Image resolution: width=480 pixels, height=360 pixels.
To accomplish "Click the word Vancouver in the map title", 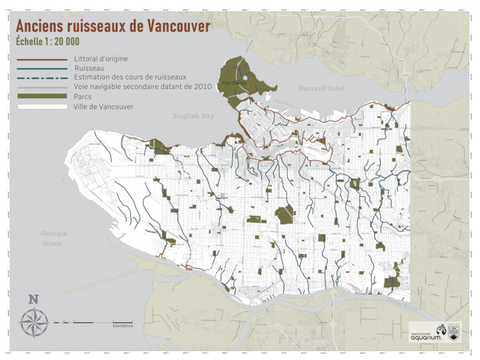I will [x=171, y=25].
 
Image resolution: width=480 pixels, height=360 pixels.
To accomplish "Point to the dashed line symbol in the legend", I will [x=40, y=78].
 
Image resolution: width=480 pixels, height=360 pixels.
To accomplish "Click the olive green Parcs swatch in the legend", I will [x=40, y=97].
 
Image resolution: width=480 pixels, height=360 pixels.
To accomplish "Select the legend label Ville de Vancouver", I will [x=103, y=107].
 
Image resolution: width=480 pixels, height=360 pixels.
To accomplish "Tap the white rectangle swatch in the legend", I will [x=40, y=107].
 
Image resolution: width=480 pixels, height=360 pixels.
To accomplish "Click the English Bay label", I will [x=194, y=117].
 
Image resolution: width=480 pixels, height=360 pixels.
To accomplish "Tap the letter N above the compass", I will [x=33, y=300].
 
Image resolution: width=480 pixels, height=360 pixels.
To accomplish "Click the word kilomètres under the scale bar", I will [x=123, y=325].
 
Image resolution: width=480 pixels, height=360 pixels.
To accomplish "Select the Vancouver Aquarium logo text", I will [x=425, y=335].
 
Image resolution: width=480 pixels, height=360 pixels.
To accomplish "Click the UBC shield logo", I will [x=454, y=331].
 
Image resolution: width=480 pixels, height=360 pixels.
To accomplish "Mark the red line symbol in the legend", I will [x=40, y=59].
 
